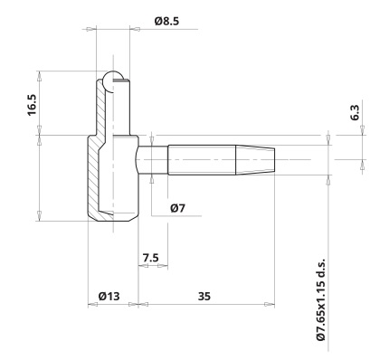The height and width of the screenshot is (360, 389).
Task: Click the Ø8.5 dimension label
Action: (x=166, y=22)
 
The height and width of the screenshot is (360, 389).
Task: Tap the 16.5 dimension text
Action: (x=32, y=105)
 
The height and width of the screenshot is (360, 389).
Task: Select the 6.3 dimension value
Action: (x=355, y=112)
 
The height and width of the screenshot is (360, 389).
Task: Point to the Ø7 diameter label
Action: (x=177, y=208)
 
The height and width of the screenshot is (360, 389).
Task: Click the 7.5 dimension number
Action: (x=150, y=258)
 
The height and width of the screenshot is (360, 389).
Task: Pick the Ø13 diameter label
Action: (x=109, y=296)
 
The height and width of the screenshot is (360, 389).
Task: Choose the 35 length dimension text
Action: (x=204, y=297)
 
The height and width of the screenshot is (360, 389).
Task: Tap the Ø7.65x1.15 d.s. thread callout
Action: (x=321, y=299)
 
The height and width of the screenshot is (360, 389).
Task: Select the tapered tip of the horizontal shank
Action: (x=255, y=160)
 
